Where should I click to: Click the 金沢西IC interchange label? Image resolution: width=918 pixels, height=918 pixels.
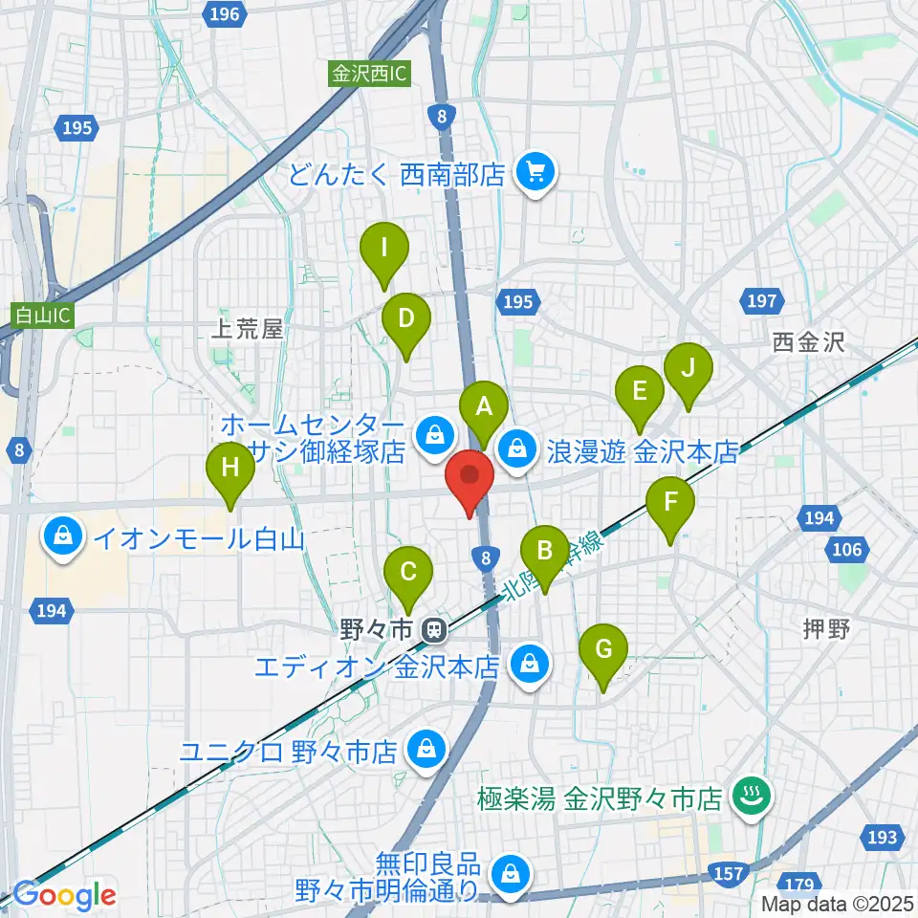coord(370,73)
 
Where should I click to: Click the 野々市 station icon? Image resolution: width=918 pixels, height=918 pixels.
coord(434,630)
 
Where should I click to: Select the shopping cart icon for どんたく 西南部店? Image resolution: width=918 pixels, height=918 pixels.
coord(533,174)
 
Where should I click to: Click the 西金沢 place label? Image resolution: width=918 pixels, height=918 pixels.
coord(809,342)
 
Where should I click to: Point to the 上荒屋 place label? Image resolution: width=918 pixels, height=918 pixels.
coord(248,330)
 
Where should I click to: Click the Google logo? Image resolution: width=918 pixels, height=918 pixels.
coord(64,896)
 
